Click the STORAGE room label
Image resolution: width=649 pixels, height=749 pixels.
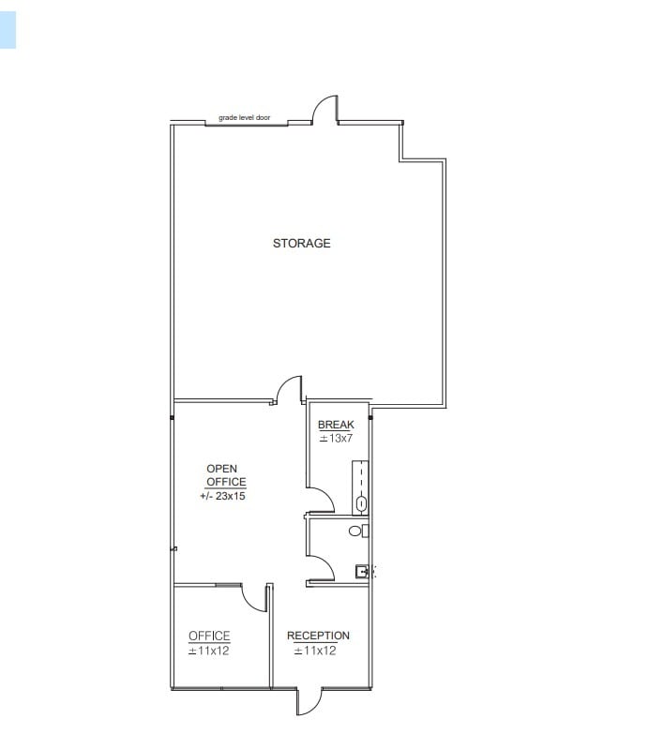301,244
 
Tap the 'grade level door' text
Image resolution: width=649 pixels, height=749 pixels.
244,118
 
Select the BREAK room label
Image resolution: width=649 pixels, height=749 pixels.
336,425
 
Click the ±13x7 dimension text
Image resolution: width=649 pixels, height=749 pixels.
335,438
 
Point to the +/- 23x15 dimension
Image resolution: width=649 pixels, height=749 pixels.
223,496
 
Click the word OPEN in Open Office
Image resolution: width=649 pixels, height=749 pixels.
221,469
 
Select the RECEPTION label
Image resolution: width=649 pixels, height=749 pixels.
318,636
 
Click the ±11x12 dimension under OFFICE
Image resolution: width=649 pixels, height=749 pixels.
209,651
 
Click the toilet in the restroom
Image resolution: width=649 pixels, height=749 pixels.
355,531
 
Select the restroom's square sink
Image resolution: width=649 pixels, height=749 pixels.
361,571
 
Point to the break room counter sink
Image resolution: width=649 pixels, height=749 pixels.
361,503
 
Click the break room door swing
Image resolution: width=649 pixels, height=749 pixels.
321,500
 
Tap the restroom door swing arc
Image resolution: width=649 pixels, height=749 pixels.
321,567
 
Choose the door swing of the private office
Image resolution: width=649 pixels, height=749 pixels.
253,597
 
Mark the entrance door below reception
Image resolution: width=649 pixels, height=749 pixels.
309,701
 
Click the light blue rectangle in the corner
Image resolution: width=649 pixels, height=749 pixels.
8,24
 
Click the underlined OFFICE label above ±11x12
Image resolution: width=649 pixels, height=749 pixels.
209,636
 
